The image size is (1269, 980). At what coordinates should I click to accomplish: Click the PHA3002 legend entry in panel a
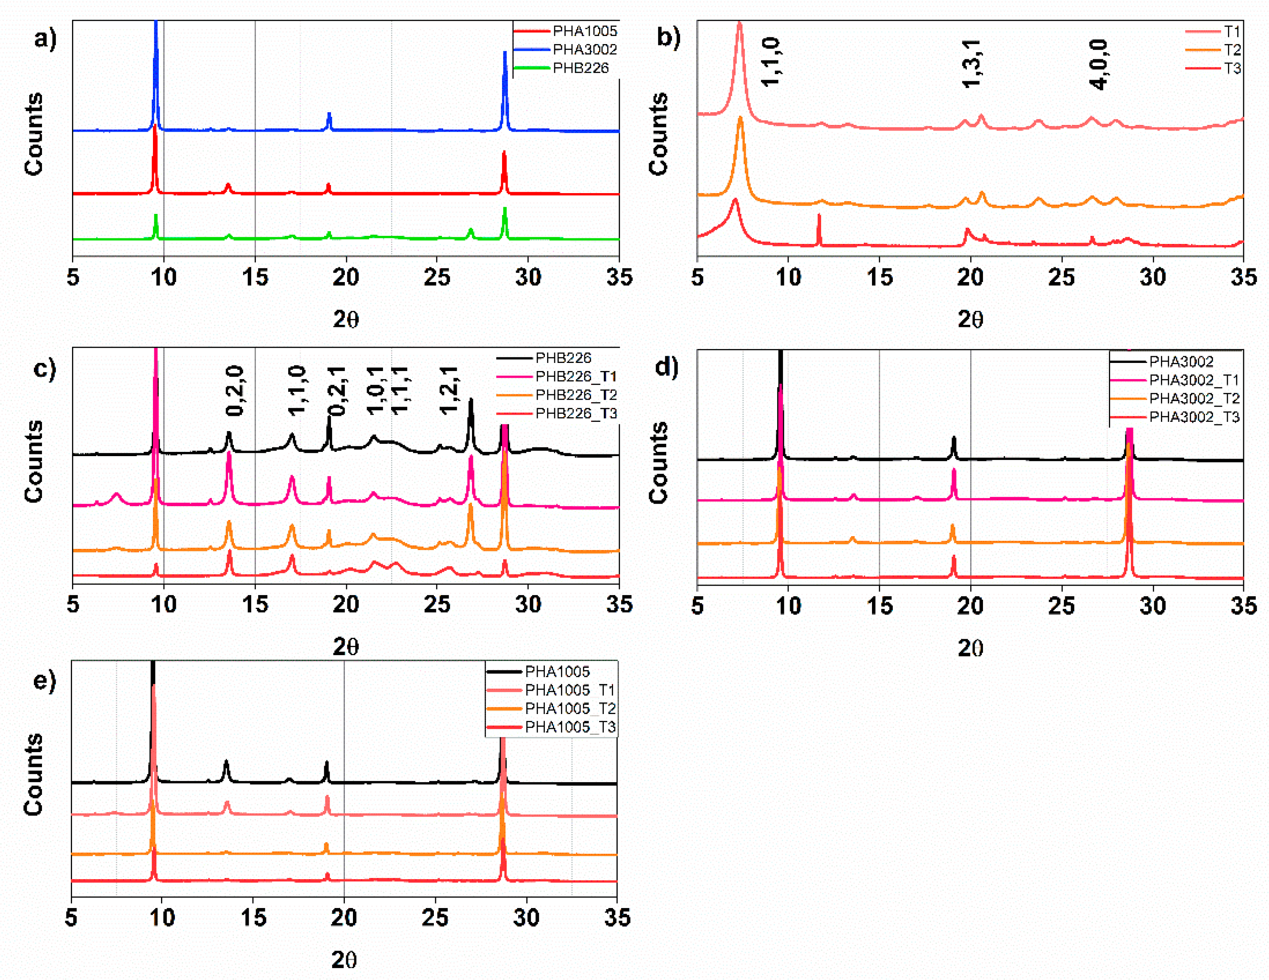pos(584,50)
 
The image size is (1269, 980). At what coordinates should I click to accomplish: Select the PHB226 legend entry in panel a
pos(580,68)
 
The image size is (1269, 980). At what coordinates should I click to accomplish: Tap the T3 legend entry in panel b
pos(1232,68)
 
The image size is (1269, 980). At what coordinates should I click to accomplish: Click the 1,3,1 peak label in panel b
pos(972,64)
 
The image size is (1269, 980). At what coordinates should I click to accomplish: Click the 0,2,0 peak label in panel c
pos(235,390)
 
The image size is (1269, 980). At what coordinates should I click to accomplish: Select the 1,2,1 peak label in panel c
pos(449,390)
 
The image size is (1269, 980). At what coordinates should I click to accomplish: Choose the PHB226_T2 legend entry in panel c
pos(575,395)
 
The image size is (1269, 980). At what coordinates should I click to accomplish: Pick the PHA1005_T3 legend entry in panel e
pos(569,727)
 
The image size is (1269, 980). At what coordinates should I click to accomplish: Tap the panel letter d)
pos(666,367)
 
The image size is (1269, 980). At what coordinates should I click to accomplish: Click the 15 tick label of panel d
pos(879,606)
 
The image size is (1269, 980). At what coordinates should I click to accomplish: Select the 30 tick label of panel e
pos(526,918)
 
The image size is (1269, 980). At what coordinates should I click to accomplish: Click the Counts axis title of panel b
pos(658,133)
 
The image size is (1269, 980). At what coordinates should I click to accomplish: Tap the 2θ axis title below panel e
pos(344,960)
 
